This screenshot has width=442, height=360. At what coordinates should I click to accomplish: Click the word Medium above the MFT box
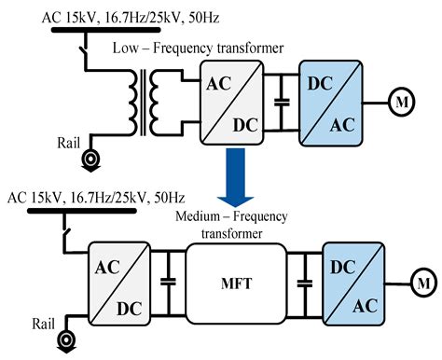tap(201, 217)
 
